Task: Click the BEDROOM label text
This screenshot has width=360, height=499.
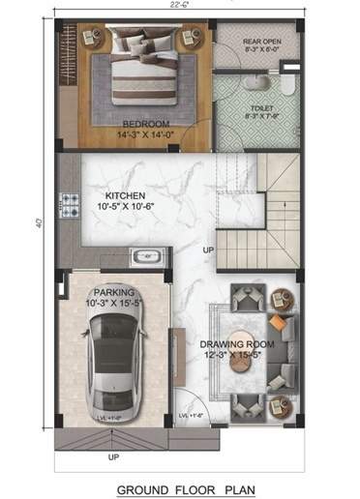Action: pos(146,124)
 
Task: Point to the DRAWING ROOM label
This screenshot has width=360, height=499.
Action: pos(237,344)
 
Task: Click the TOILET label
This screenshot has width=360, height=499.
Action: pos(262,108)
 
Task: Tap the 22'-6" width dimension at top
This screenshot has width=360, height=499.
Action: pos(177,6)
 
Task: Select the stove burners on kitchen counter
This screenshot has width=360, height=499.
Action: pos(71,203)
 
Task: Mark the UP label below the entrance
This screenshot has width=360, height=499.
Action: pos(113,456)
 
